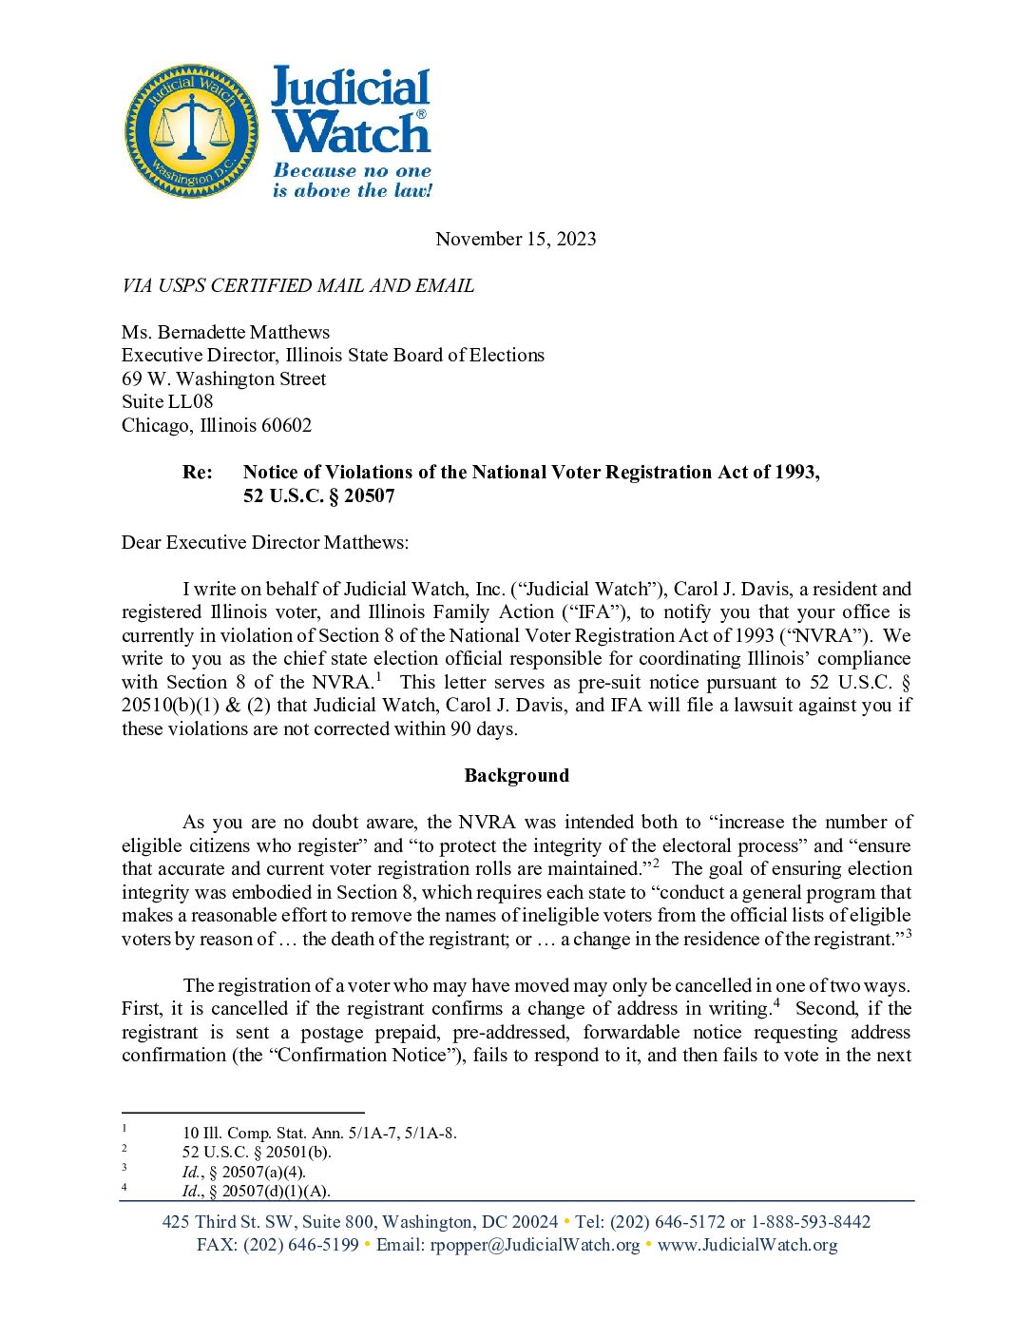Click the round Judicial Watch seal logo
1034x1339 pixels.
(192, 131)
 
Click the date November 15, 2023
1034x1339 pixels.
(515, 239)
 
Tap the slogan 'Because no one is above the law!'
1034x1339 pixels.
(352, 181)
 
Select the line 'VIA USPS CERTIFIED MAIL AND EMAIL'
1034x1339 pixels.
(297, 285)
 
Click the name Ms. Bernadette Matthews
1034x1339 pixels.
(225, 332)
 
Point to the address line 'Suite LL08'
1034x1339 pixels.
(167, 401)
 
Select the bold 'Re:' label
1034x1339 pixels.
(198, 472)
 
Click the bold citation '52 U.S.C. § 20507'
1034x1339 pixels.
(318, 495)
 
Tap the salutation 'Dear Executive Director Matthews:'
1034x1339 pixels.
(265, 542)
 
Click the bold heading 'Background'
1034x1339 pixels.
(516, 775)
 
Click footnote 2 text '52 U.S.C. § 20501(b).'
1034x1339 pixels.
(257, 1152)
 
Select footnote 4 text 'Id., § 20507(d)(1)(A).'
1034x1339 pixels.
(257, 1191)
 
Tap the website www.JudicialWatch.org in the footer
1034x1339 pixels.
(747, 1245)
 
